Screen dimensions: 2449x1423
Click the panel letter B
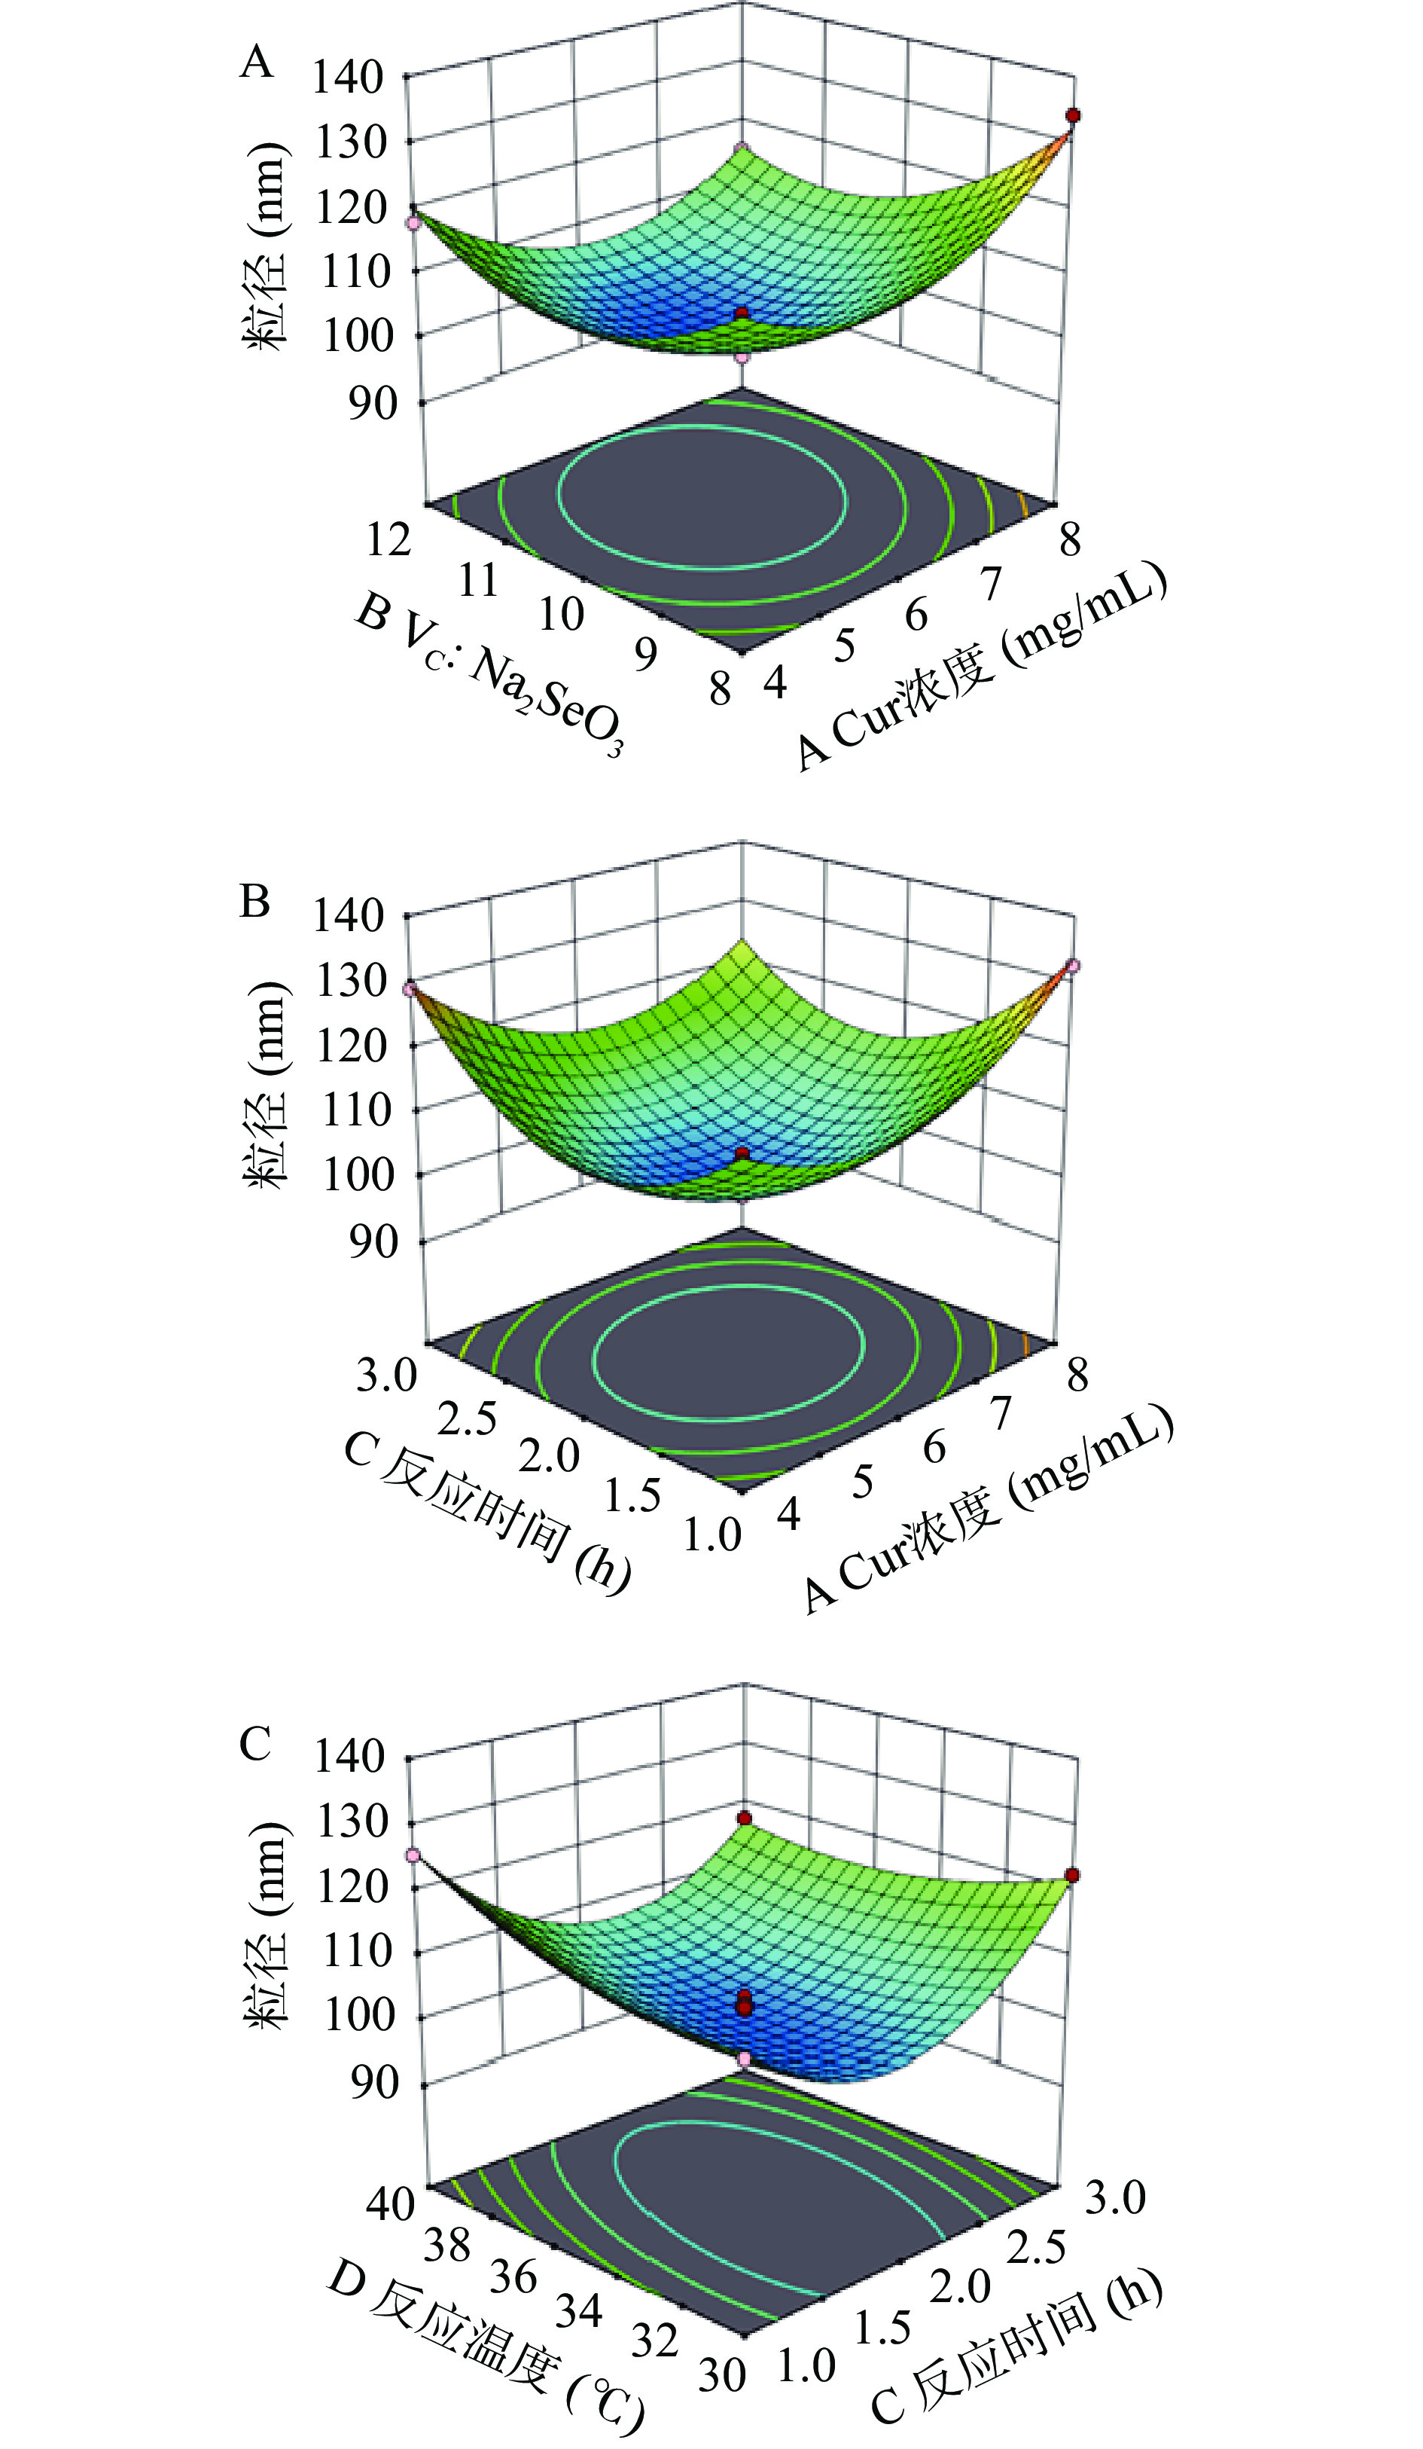point(254,902)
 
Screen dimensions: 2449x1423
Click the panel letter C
point(254,1745)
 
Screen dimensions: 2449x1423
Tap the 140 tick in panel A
point(347,77)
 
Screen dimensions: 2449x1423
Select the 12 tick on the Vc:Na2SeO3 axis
point(389,540)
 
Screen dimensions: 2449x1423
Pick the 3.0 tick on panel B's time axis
point(385,1375)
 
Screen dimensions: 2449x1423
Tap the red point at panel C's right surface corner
point(1071,1875)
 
